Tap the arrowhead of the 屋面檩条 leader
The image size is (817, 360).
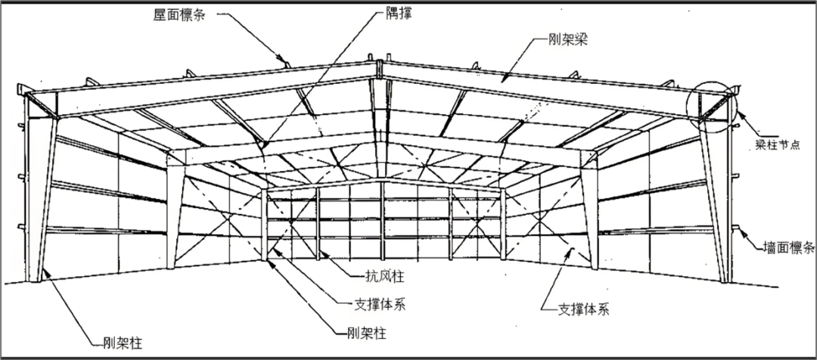(284, 60)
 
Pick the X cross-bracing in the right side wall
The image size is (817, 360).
(546, 227)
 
